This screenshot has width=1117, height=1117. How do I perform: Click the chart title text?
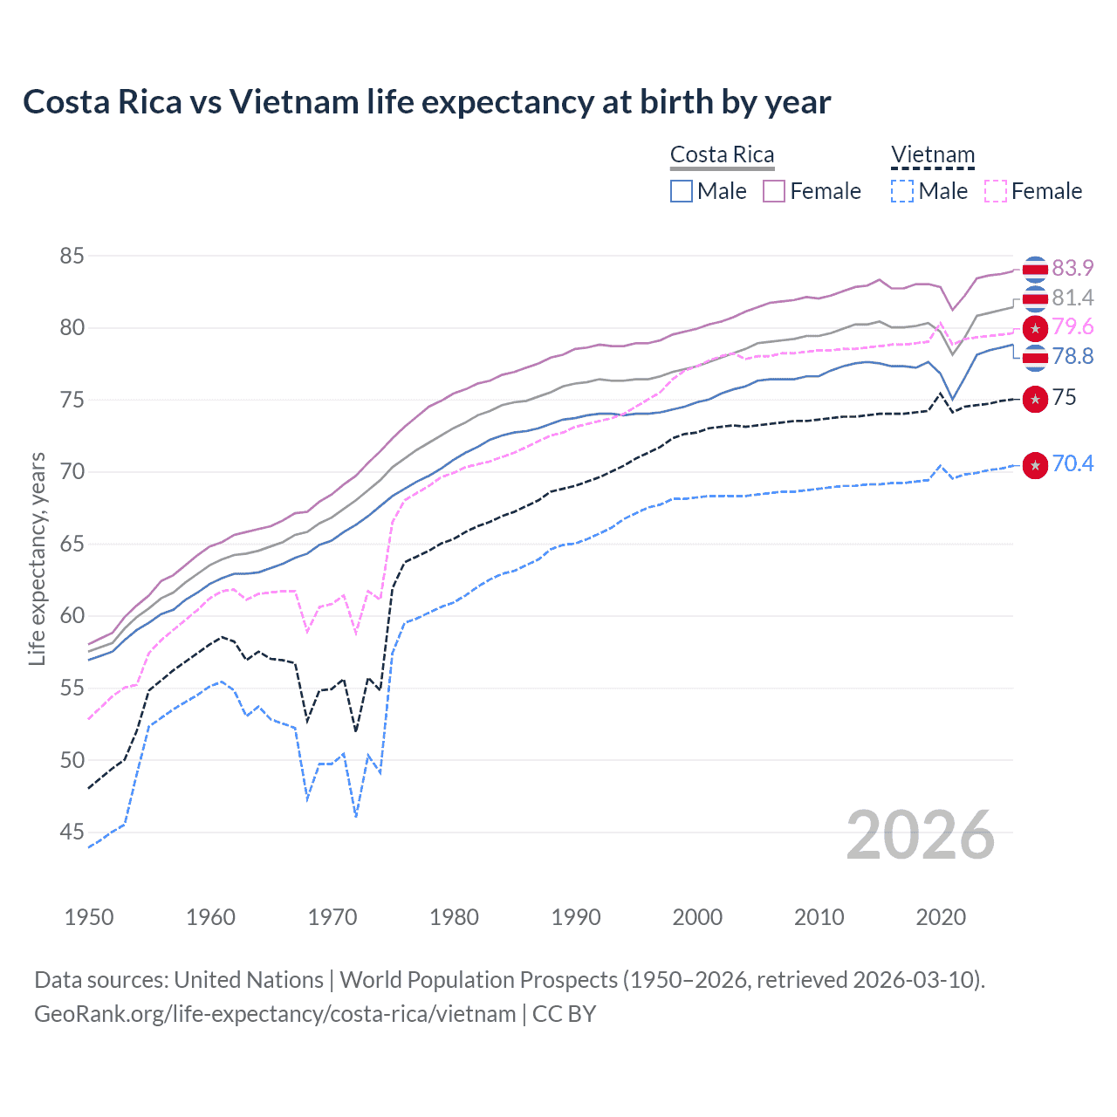click(427, 102)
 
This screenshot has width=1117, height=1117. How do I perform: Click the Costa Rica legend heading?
click(722, 154)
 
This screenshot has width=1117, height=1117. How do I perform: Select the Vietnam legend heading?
click(932, 154)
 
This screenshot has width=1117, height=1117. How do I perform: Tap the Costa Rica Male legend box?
click(682, 191)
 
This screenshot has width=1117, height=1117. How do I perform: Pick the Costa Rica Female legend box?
click(774, 191)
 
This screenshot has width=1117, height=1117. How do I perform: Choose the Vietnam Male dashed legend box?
click(902, 191)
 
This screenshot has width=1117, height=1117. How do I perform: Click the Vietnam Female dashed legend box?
click(996, 191)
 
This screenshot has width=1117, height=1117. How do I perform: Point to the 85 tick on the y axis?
click(72, 256)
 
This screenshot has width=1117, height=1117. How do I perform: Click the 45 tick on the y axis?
click(72, 833)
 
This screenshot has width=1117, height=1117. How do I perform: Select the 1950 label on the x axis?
click(89, 917)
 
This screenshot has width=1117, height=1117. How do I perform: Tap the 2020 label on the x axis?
click(941, 917)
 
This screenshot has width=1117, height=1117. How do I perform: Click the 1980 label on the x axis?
click(454, 917)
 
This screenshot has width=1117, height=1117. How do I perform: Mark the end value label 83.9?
click(1072, 268)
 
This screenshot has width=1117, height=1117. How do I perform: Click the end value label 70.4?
click(1072, 463)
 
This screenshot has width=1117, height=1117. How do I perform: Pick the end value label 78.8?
click(1072, 356)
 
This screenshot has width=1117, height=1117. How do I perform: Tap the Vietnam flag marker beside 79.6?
click(1035, 328)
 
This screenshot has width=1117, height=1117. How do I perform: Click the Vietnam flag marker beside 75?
click(1035, 399)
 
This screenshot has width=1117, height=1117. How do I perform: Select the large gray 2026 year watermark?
click(920, 835)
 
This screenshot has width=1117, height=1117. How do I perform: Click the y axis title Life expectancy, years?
click(37, 558)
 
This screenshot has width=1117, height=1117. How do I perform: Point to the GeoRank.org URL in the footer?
click(275, 1014)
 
